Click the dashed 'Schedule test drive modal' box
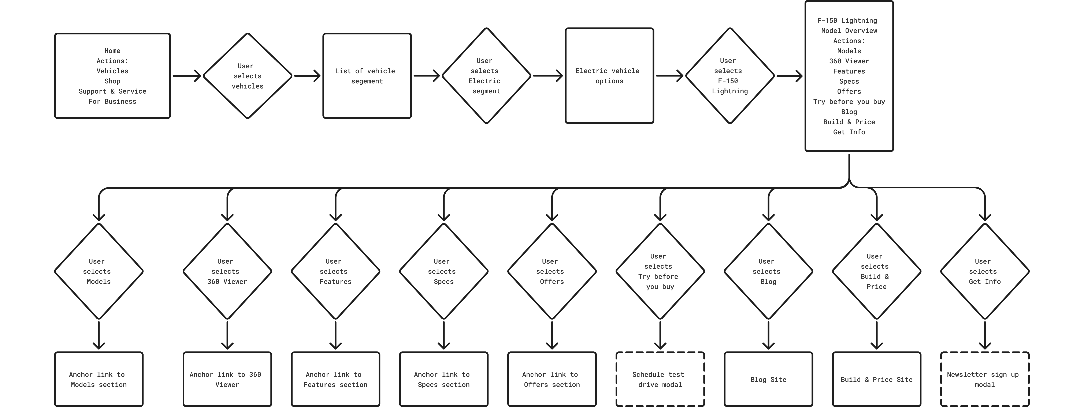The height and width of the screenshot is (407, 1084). coord(660,379)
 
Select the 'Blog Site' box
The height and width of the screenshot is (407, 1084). coord(768,379)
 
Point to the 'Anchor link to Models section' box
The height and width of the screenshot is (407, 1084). coord(99,379)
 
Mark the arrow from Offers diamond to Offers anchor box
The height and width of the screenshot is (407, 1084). coord(552,335)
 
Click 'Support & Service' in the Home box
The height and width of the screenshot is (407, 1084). coord(112,91)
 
